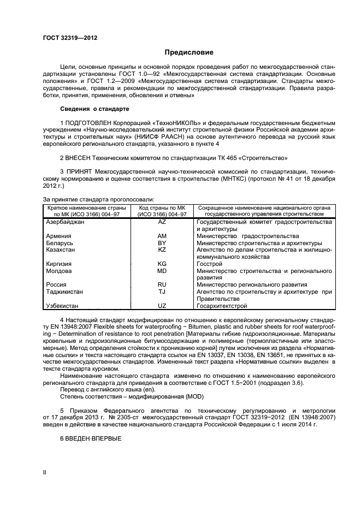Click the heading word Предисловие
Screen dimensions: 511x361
[x=188, y=52]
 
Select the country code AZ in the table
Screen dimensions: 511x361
[x=162, y=222]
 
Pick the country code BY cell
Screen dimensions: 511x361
[x=162, y=243]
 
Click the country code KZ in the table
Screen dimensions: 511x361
[x=162, y=249]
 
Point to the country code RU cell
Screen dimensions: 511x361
[x=162, y=284]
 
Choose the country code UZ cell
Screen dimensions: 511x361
[x=162, y=306]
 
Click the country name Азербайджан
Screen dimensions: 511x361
[x=66, y=222]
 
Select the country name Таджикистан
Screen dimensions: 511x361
[x=65, y=292]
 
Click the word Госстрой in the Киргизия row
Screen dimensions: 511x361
[x=210, y=264]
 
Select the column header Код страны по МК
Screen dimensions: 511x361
[x=162, y=208]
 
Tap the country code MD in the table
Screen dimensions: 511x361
[x=162, y=271]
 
